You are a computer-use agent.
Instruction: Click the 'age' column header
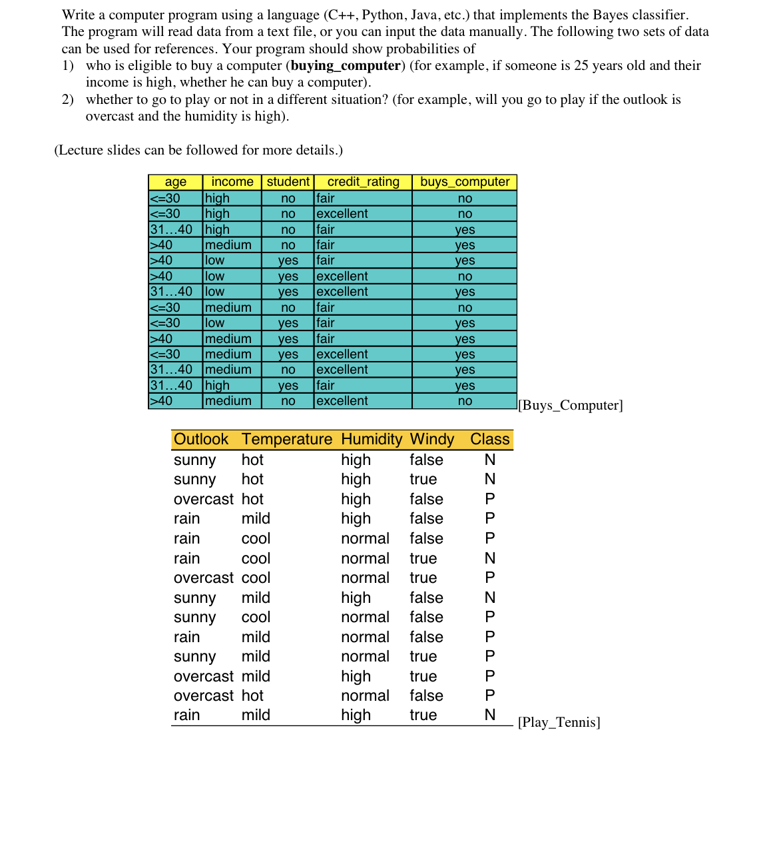coord(175,182)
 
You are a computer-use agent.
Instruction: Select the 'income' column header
coord(232,182)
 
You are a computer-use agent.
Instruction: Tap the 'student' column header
coord(288,182)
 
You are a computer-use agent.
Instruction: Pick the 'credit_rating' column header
coord(363,182)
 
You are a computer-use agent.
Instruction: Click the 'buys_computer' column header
coord(465,182)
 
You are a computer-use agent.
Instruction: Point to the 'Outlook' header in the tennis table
coord(201,440)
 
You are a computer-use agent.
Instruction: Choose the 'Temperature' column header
coord(286,440)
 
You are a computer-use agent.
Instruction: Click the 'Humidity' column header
coord(372,440)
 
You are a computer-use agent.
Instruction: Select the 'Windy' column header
coord(432,440)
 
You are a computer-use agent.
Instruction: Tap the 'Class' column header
coord(489,440)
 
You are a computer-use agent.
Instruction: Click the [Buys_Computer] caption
coord(570,405)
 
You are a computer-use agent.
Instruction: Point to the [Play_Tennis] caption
coord(559,722)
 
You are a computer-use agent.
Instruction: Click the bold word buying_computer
coord(346,65)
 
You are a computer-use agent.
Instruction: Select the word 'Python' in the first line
coord(382,15)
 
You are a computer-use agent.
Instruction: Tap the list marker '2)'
coord(68,99)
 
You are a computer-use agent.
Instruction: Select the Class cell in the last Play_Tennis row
coord(490,715)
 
